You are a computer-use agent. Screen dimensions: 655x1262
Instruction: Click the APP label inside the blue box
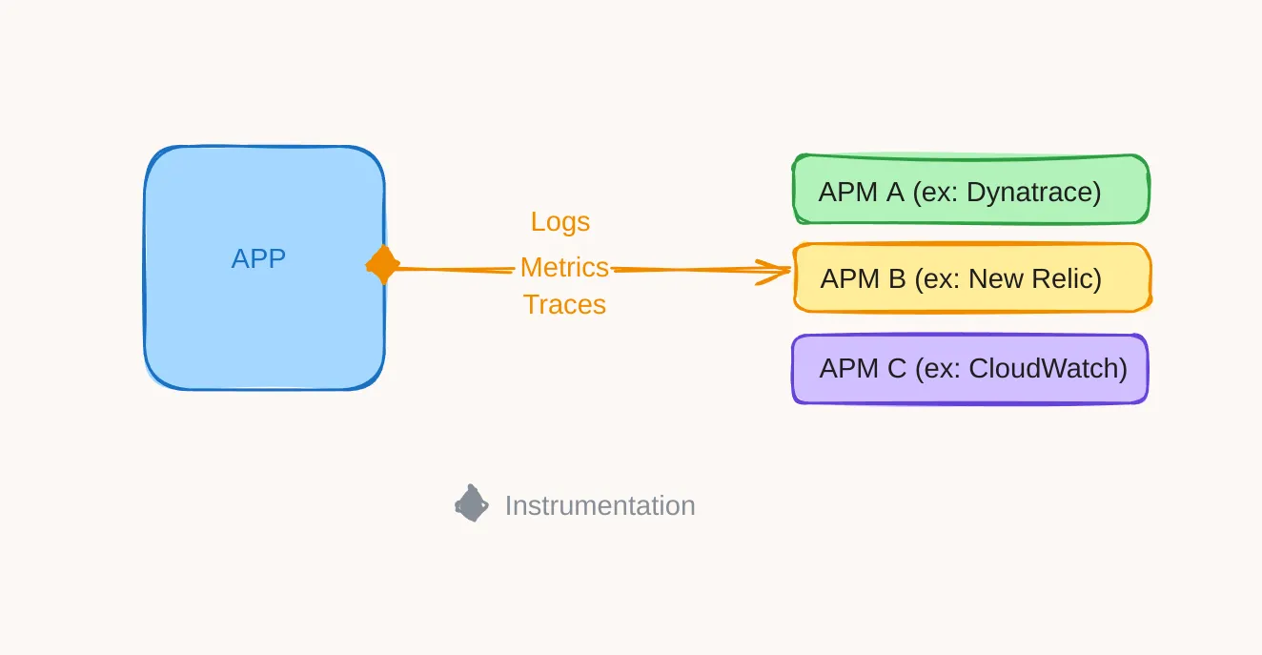pyautogui.click(x=258, y=258)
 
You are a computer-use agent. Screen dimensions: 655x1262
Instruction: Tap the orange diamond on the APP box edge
pyautogui.click(x=382, y=265)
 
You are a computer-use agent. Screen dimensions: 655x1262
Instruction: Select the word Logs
pyautogui.click(x=560, y=222)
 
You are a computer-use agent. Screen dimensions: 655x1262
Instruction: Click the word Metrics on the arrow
pyautogui.click(x=564, y=268)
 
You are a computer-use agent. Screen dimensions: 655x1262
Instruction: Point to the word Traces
pyautogui.click(x=564, y=305)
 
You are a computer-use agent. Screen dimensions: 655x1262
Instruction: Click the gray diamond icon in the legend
pyautogui.click(x=471, y=504)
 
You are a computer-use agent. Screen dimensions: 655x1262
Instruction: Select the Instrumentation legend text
pyautogui.click(x=600, y=505)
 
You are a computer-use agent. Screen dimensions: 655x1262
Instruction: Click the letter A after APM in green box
pyautogui.click(x=894, y=193)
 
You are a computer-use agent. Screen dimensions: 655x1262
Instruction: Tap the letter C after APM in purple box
pyautogui.click(x=896, y=369)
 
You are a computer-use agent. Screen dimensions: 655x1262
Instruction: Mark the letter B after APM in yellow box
pyautogui.click(x=896, y=279)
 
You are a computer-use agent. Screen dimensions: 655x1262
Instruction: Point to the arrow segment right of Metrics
pyautogui.click(x=686, y=271)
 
